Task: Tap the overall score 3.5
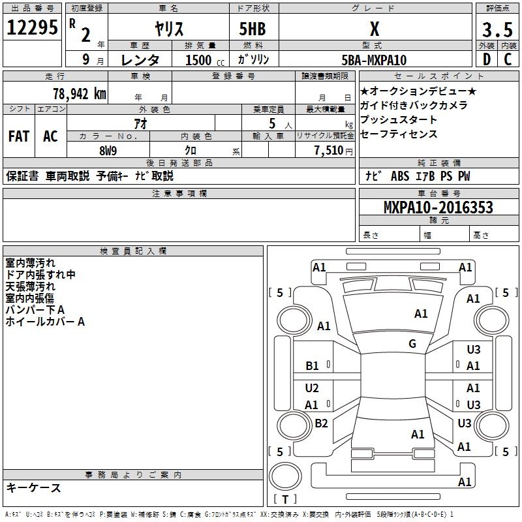(x=496, y=29)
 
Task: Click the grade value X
(x=374, y=29)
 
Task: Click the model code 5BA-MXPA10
(x=374, y=60)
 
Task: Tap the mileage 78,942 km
(x=78, y=93)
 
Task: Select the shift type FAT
(x=19, y=136)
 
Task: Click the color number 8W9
(x=108, y=151)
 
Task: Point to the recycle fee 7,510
(x=332, y=151)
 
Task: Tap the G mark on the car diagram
(x=412, y=344)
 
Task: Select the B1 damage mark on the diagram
(x=313, y=366)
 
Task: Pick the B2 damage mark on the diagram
(x=321, y=423)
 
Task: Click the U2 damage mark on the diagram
(x=312, y=388)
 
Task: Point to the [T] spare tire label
(x=285, y=499)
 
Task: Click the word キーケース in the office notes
(x=34, y=487)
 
